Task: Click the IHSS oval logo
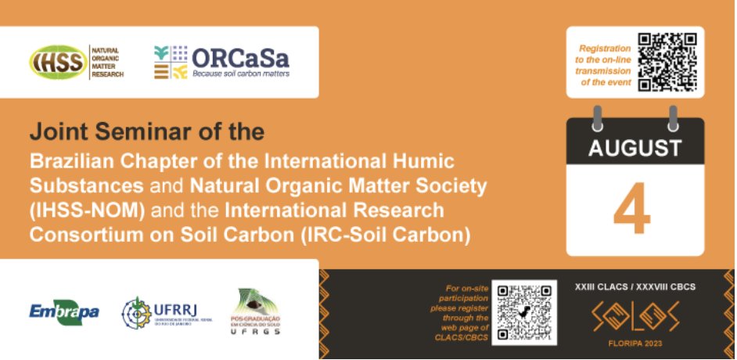59,63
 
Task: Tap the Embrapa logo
64,312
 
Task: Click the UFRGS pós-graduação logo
257,312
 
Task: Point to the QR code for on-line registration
667,61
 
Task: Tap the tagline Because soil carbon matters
241,74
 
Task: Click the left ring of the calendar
599,117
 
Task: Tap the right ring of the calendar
672,117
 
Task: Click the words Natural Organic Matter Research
108,63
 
